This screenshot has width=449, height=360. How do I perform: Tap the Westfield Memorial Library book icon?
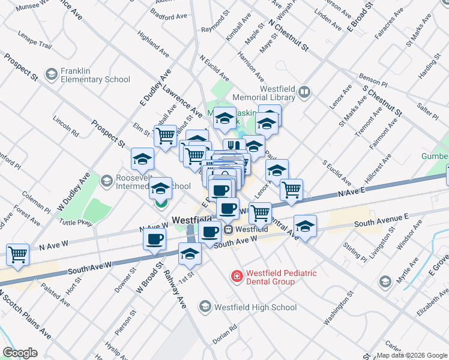click(304, 92)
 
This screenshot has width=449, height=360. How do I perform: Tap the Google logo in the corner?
click(20, 353)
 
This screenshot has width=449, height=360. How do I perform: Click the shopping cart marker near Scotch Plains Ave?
click(17, 254)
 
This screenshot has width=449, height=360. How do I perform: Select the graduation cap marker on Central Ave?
click(305, 227)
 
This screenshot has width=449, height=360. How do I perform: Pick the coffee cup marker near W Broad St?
click(154, 239)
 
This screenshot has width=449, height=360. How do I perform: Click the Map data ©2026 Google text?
click(411, 355)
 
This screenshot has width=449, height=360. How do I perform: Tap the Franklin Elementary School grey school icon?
click(51, 74)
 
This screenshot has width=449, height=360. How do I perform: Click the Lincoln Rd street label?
click(65, 124)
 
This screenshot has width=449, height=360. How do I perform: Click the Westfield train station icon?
click(228, 229)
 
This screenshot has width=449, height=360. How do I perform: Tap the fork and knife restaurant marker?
click(232, 146)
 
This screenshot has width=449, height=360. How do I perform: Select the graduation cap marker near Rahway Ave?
click(190, 253)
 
